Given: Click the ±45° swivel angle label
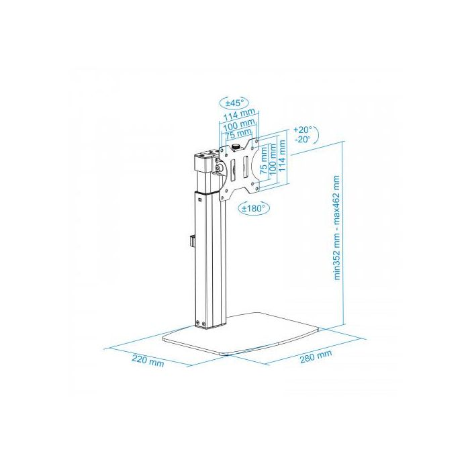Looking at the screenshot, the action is (x=235, y=103).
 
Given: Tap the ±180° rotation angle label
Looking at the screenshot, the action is (x=254, y=208).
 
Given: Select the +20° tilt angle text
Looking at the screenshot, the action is (x=303, y=130).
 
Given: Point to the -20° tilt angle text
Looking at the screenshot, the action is (x=302, y=140).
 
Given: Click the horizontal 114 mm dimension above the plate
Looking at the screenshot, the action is (x=240, y=113).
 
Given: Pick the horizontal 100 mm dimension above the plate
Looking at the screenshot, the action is (x=240, y=124).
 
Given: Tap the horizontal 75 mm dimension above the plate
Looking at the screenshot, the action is (x=238, y=134).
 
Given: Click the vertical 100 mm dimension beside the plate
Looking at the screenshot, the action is (x=273, y=160).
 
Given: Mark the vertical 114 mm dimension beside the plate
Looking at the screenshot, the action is (x=282, y=156).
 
